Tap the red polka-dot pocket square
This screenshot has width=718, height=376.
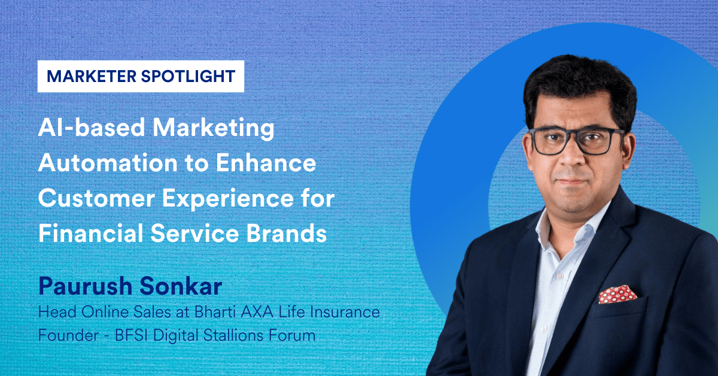coord(617,294)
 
